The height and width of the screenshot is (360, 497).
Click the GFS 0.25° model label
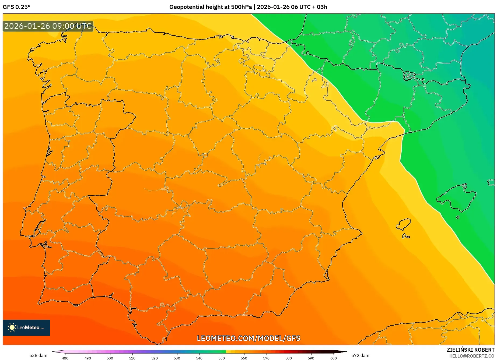point(16,7)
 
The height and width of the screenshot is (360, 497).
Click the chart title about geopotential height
point(248,7)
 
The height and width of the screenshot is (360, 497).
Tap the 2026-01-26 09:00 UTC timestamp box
point(48,26)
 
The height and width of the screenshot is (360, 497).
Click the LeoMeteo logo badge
point(26,327)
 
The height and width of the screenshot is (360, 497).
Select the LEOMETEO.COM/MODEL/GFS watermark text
point(248,338)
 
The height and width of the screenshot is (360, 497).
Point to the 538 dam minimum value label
point(38,355)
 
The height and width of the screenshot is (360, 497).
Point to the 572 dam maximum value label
point(360,355)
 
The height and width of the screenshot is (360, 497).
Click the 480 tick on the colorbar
point(65,358)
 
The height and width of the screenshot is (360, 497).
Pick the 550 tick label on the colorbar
point(222,358)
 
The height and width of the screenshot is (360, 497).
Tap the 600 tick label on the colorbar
point(333,358)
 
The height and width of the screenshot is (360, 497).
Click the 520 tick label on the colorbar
point(155,358)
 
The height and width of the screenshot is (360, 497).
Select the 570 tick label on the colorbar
point(266,358)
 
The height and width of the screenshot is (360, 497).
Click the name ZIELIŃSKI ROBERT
point(470,350)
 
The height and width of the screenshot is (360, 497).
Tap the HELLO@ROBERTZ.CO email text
point(471,356)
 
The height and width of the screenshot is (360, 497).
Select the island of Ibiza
point(404,224)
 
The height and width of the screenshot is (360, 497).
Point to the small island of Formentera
point(406,237)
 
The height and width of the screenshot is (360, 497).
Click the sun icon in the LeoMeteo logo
point(12,327)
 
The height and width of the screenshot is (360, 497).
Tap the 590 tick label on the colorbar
point(311,358)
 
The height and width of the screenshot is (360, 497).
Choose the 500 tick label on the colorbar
point(110,358)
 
